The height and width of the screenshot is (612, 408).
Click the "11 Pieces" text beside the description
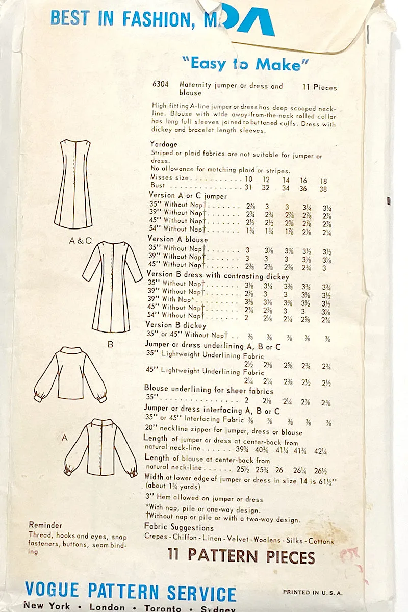point(320,87)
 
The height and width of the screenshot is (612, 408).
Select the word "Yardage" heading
point(164,144)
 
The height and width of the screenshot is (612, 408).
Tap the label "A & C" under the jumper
point(80,241)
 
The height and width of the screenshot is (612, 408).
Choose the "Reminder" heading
point(45,525)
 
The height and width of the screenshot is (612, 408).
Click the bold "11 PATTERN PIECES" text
point(241,556)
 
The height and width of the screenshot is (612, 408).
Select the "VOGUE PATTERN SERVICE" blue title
point(131,593)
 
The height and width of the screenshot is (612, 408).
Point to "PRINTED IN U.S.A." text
point(313,593)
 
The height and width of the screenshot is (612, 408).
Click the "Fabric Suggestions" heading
point(178,527)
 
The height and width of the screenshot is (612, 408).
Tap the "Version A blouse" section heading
point(178,239)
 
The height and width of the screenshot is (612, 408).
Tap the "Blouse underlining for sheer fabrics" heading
point(209,390)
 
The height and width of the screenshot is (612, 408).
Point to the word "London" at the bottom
point(107,607)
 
